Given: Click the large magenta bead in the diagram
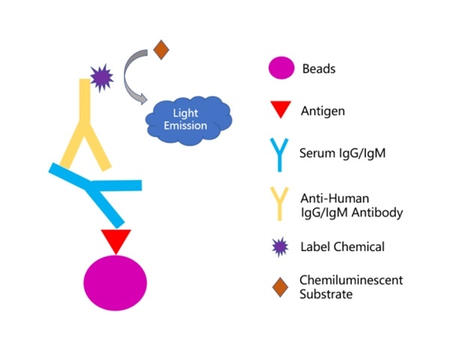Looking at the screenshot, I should [115, 283].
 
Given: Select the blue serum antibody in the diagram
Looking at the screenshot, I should [97, 191].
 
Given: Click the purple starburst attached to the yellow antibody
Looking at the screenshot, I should [100, 75].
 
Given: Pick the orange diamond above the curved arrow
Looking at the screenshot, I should [160, 49].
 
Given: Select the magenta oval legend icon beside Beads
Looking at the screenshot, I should [280, 70].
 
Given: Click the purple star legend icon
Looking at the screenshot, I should [280, 246].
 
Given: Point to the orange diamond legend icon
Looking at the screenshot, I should [280, 286].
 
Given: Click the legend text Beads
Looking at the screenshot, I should [319, 69].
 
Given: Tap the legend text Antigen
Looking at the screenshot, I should [323, 111].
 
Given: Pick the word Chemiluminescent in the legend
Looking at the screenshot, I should [352, 280].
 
